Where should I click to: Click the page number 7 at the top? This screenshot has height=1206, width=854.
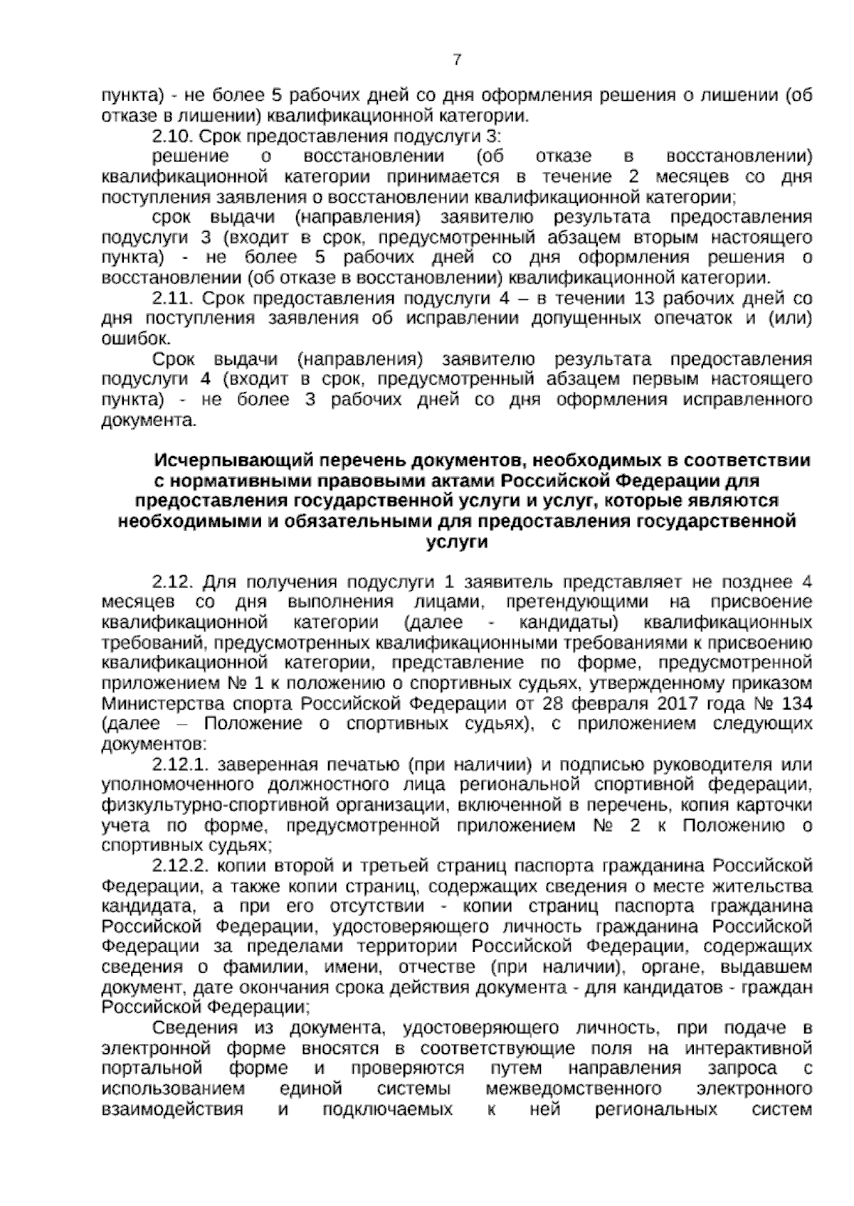(456, 60)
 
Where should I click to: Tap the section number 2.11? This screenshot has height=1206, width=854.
(173, 298)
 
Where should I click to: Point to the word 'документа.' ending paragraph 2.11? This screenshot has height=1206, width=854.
(147, 420)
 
